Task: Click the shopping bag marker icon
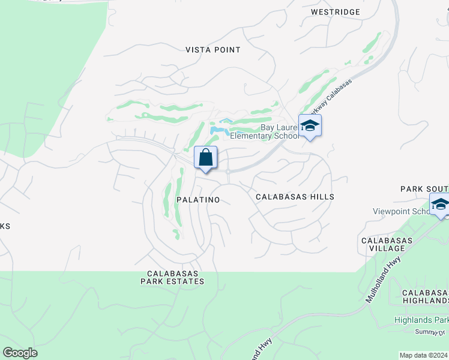[x=205, y=158]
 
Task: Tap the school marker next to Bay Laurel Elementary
[x=310, y=126]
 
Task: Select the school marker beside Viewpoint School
[x=440, y=205]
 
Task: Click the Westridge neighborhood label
[x=336, y=12]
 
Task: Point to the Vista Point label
[x=213, y=50]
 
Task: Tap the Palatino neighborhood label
[x=197, y=199]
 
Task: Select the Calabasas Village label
[x=387, y=245]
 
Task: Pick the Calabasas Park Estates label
[x=173, y=277]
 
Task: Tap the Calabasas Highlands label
[x=426, y=296]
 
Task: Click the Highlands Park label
[x=421, y=320]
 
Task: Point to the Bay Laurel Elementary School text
[x=280, y=132]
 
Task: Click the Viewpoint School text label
[x=400, y=211]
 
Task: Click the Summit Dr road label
[x=430, y=332]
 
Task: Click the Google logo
[x=20, y=353]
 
